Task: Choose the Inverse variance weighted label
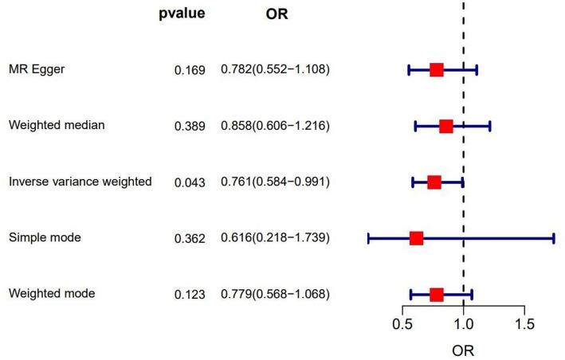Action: pos(80,182)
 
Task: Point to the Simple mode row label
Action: pos(45,237)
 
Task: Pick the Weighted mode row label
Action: pos(52,293)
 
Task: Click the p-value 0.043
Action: pos(190,182)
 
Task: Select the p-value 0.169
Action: pos(190,70)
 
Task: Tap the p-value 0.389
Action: pos(190,127)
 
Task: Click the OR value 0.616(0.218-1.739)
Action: pos(275,238)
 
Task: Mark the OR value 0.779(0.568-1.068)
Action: pos(275,294)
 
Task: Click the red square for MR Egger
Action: pos(436,70)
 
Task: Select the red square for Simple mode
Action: pos(416,238)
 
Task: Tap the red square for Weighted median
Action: pos(445,126)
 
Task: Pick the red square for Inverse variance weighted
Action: pos(434,182)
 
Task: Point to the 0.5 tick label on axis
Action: pos(403,324)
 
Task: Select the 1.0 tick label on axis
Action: pos(463,324)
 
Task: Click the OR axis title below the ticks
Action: pos(463,349)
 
